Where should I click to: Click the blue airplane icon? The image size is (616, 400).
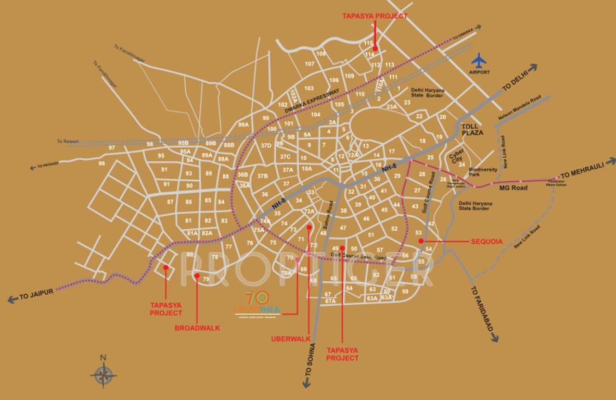(x=479, y=60)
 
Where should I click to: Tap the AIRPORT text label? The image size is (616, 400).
(x=479, y=72)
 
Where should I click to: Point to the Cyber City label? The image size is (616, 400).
(x=456, y=155)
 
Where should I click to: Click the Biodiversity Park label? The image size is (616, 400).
(x=479, y=172)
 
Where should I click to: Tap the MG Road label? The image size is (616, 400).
(x=513, y=188)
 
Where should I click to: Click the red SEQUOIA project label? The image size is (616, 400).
(x=487, y=242)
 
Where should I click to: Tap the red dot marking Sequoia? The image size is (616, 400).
(x=420, y=241)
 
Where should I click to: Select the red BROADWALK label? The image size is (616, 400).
(x=197, y=328)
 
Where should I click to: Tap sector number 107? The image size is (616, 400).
(x=310, y=64)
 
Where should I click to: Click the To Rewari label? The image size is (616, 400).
(x=67, y=142)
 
